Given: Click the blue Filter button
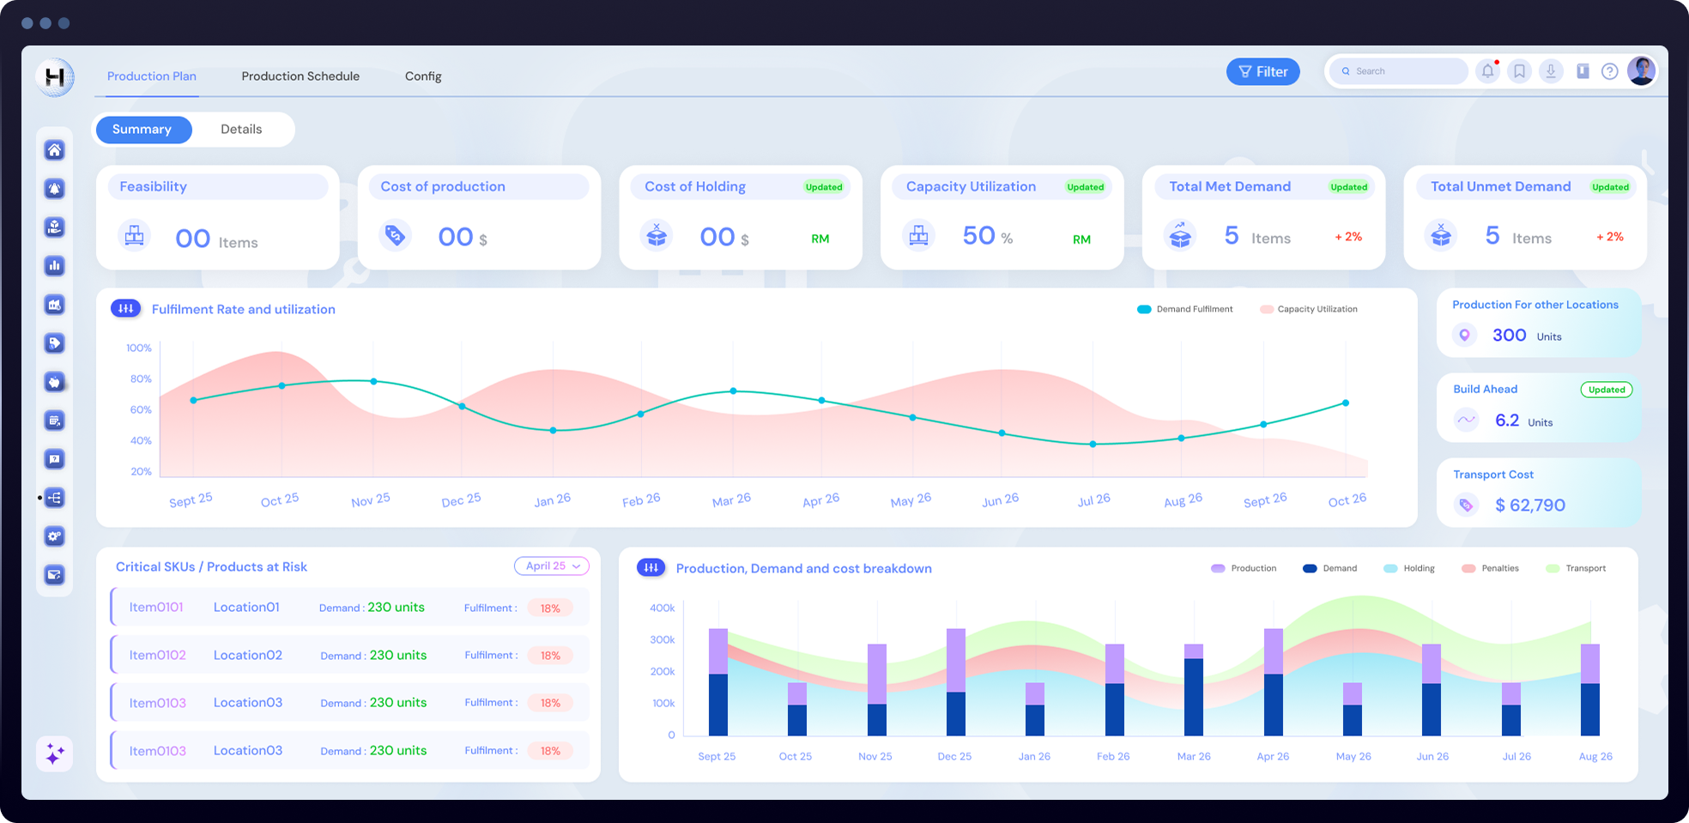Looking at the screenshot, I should pyautogui.click(x=1262, y=72).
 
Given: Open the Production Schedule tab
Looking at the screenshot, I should pyautogui.click(x=300, y=76).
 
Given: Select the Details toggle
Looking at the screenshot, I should pyautogui.click(x=241, y=130).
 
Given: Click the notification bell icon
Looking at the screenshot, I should pyautogui.click(x=1487, y=71).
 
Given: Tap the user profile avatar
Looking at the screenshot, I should pyautogui.click(x=1641, y=71).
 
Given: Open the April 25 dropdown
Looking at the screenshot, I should pyautogui.click(x=552, y=566).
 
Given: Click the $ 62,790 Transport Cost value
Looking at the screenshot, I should pyautogui.click(x=1529, y=505).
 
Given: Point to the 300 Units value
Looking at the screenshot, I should pyautogui.click(x=1509, y=336).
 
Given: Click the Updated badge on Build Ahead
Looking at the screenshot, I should pyautogui.click(x=1606, y=390).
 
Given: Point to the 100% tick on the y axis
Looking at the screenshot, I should pyautogui.click(x=139, y=348).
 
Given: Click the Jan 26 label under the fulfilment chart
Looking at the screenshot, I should pyautogui.click(x=552, y=500).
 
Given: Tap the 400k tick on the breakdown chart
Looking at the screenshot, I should pyautogui.click(x=662, y=608).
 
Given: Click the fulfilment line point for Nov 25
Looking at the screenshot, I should pyautogui.click(x=373, y=381).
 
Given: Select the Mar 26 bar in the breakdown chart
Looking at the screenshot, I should pyautogui.click(x=1193, y=691).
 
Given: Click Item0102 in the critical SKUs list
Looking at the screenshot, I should pyautogui.click(x=157, y=656).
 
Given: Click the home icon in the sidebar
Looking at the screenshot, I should pyautogui.click(x=55, y=150).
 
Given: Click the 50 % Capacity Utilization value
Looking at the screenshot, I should pyautogui.click(x=987, y=236).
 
